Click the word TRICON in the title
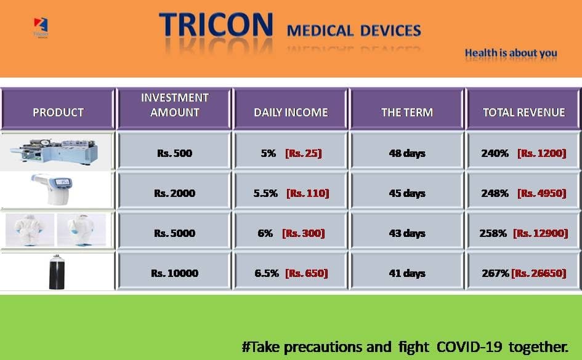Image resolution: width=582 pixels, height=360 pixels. (216, 25)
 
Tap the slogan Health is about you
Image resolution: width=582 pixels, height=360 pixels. (511, 53)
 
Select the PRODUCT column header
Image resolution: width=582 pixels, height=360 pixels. (58, 113)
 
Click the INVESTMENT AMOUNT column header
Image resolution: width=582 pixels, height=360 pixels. (174, 105)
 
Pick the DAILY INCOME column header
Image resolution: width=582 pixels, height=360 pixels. (291, 113)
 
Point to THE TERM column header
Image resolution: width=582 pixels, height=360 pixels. (407, 113)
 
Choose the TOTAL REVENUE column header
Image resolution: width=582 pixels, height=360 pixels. (523, 113)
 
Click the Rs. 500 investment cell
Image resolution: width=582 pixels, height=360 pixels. (174, 153)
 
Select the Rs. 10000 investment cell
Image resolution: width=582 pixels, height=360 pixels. (174, 273)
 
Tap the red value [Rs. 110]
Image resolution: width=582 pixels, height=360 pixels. (308, 193)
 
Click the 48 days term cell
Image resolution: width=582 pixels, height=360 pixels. (407, 153)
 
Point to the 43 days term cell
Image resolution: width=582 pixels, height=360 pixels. (407, 233)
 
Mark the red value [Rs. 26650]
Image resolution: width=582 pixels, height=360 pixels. (539, 273)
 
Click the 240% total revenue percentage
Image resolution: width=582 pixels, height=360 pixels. (495, 153)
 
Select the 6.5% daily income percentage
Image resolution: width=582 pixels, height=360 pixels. (267, 273)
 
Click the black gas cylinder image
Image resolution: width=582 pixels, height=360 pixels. (57, 272)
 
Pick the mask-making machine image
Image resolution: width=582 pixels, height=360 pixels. (55, 151)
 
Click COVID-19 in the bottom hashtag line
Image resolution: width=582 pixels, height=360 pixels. (469, 347)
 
